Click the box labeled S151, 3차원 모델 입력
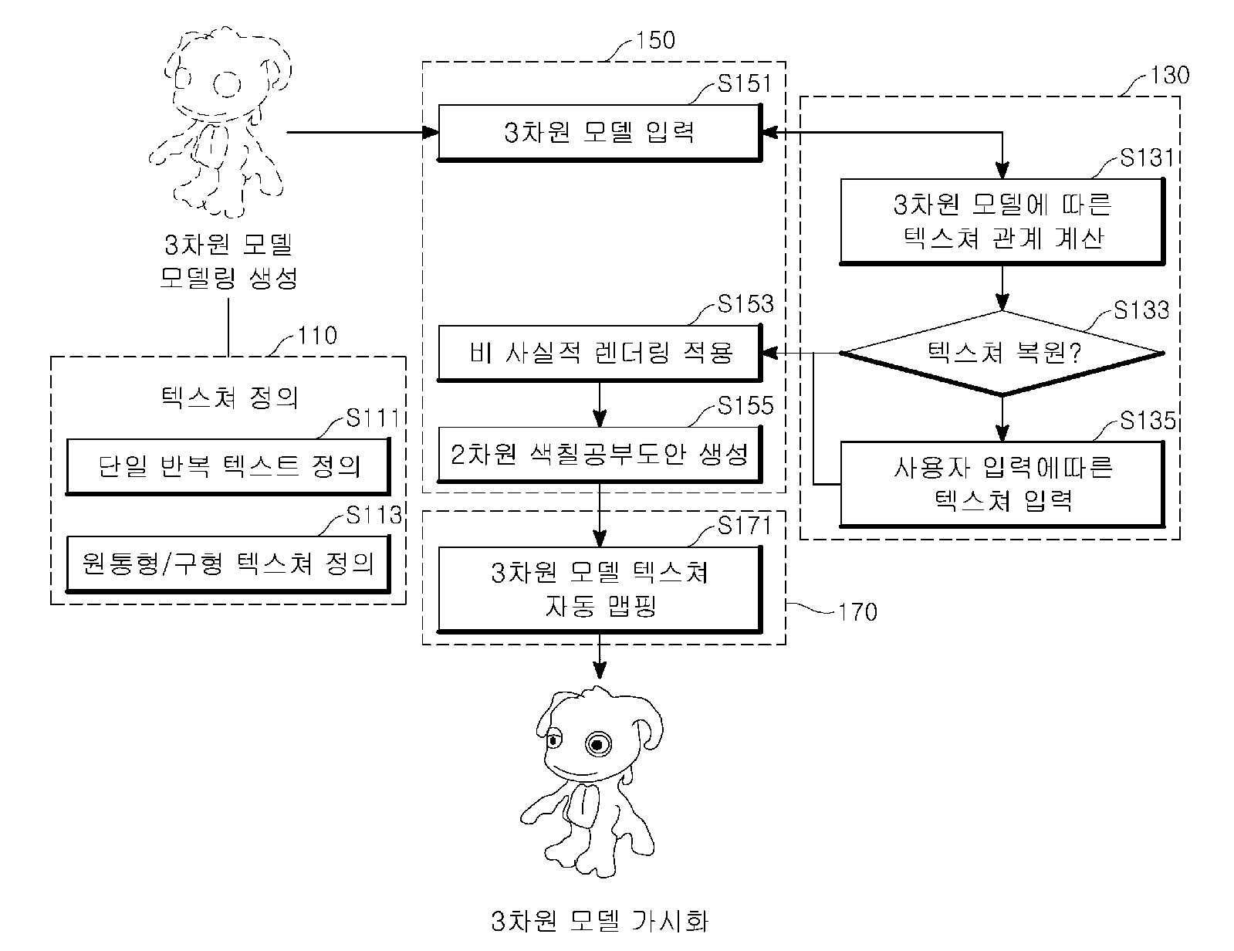click(x=600, y=133)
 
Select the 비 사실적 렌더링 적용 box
click(x=600, y=353)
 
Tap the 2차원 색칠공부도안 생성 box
click(x=600, y=454)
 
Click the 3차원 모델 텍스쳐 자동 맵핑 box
click(x=600, y=589)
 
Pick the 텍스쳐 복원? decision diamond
click(x=1002, y=353)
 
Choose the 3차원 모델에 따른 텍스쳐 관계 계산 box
click(x=1002, y=222)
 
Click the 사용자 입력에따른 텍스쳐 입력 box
click(x=1002, y=484)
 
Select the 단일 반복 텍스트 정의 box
click(x=228, y=467)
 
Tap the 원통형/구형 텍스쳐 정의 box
click(x=228, y=563)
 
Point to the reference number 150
click(x=655, y=40)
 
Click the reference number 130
click(x=1170, y=76)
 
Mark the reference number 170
click(x=857, y=612)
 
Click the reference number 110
click(x=317, y=336)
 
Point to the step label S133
click(x=1141, y=310)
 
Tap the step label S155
click(x=745, y=405)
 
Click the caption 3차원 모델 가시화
click(x=600, y=921)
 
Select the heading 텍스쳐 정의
click(x=229, y=397)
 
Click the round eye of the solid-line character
click(x=598, y=743)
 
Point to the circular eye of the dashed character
click(x=227, y=85)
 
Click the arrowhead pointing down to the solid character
click(x=600, y=671)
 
